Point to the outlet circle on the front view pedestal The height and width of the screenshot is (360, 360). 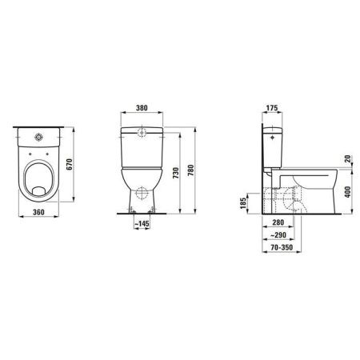pos(141,194)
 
